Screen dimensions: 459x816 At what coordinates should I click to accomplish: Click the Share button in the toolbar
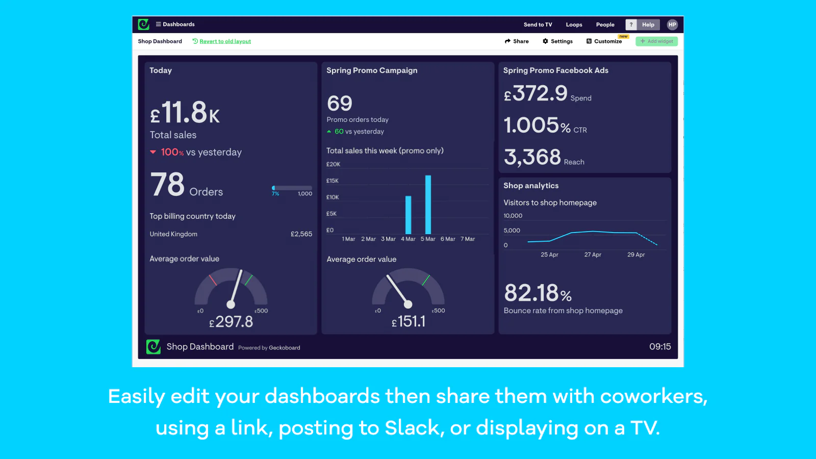point(517,41)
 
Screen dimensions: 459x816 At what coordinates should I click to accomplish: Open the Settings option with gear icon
point(557,41)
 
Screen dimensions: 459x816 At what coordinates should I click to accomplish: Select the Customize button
point(604,41)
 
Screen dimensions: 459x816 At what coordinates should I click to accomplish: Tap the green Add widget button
point(656,41)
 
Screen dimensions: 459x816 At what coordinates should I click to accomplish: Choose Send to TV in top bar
point(538,24)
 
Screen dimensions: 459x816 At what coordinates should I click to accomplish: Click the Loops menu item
point(574,24)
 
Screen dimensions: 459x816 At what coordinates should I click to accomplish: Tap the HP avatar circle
point(672,24)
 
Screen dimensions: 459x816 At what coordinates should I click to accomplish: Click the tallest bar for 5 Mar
point(428,205)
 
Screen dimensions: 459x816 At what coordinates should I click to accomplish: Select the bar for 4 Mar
point(408,215)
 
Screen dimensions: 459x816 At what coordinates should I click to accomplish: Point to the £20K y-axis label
point(333,164)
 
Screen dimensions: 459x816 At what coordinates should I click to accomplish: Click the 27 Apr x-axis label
point(593,254)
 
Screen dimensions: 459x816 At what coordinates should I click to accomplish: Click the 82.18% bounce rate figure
point(538,293)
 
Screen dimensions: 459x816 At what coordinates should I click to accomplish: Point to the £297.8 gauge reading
point(231,322)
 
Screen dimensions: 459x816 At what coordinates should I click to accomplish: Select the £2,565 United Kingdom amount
point(301,234)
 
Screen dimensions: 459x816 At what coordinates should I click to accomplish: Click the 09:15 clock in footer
point(660,347)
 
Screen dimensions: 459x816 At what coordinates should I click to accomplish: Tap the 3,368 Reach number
point(532,157)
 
